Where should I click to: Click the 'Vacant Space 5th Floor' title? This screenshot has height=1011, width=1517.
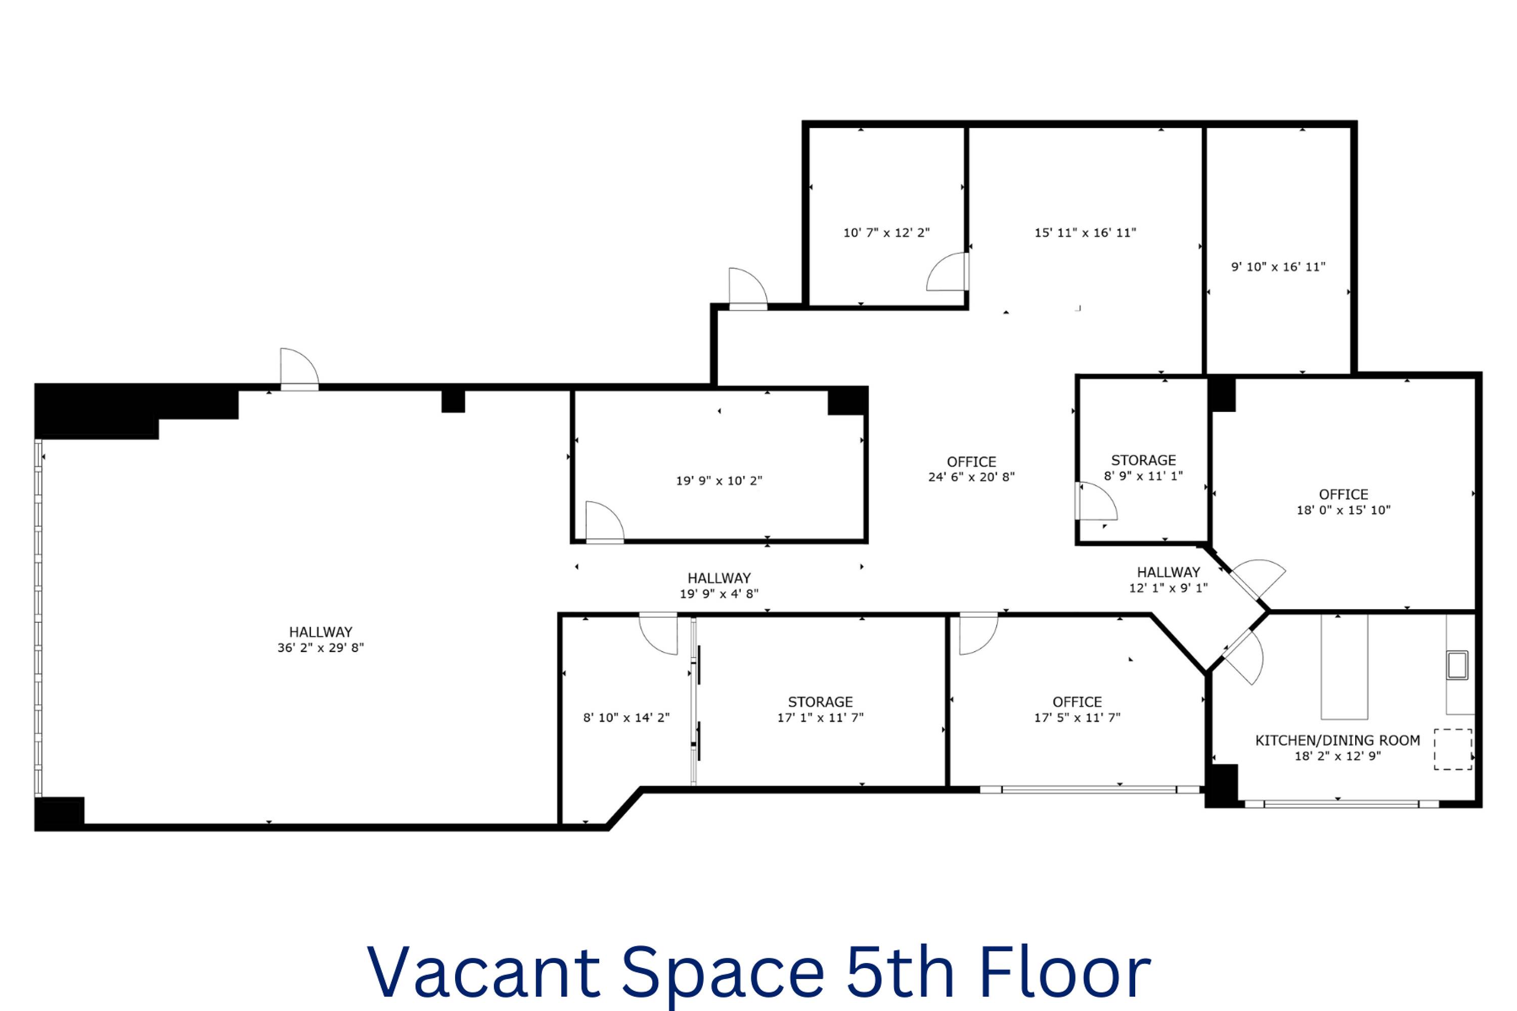click(759, 972)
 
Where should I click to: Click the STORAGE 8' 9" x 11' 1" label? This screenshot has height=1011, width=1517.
click(1143, 468)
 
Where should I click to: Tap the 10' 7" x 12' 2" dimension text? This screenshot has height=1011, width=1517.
click(886, 233)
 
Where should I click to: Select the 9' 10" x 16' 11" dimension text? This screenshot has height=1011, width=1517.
click(1278, 266)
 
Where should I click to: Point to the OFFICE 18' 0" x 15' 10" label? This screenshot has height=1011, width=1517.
click(1344, 502)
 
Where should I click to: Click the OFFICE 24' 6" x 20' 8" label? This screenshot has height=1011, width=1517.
click(971, 470)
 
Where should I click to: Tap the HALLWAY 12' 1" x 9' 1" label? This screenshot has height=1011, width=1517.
click(1168, 580)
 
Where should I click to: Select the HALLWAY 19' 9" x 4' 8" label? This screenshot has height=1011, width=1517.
click(719, 585)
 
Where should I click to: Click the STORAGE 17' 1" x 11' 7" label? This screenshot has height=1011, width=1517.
click(820, 709)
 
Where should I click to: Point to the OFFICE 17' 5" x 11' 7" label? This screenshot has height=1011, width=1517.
click(1077, 709)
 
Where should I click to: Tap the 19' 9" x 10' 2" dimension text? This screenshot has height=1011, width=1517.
click(719, 480)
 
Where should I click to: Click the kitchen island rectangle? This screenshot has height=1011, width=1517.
click(1344, 667)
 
